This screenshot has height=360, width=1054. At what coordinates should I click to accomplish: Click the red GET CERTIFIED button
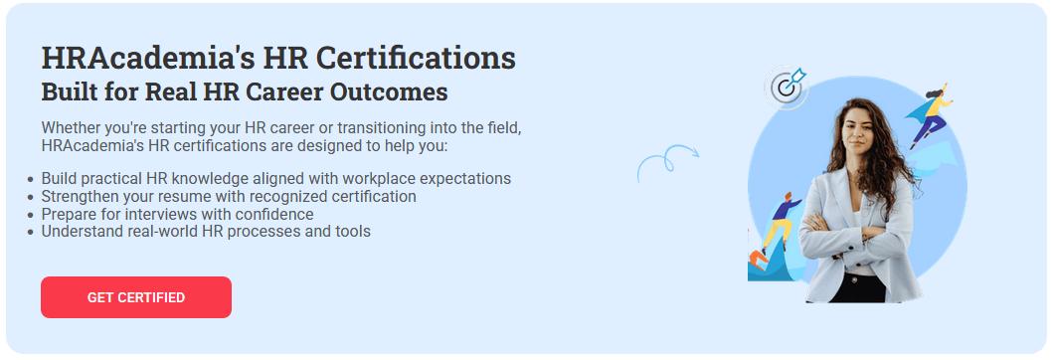click(x=136, y=297)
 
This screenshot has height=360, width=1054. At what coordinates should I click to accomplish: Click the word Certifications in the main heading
click(x=416, y=59)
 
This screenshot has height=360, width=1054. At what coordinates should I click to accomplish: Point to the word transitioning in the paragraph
click(x=377, y=128)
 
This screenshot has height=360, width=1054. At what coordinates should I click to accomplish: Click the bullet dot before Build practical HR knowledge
click(x=30, y=180)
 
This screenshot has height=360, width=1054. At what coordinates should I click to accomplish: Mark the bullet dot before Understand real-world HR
click(x=30, y=233)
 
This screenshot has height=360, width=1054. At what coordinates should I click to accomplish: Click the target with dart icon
click(x=787, y=86)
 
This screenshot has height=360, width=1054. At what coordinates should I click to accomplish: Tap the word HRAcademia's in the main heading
click(x=148, y=59)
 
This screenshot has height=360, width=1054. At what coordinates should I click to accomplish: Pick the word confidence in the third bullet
click(x=277, y=215)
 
